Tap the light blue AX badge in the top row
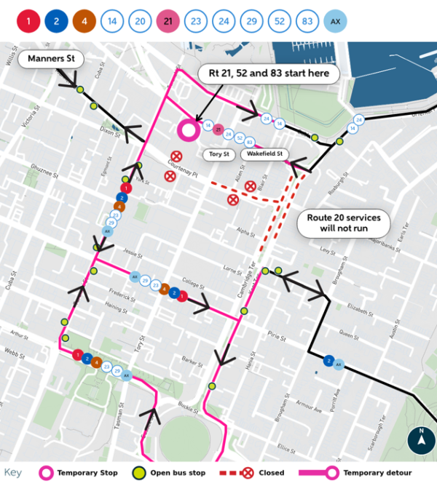[335, 21]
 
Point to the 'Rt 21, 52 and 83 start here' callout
[269, 73]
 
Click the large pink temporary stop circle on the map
[189, 130]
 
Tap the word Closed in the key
[269, 473]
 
